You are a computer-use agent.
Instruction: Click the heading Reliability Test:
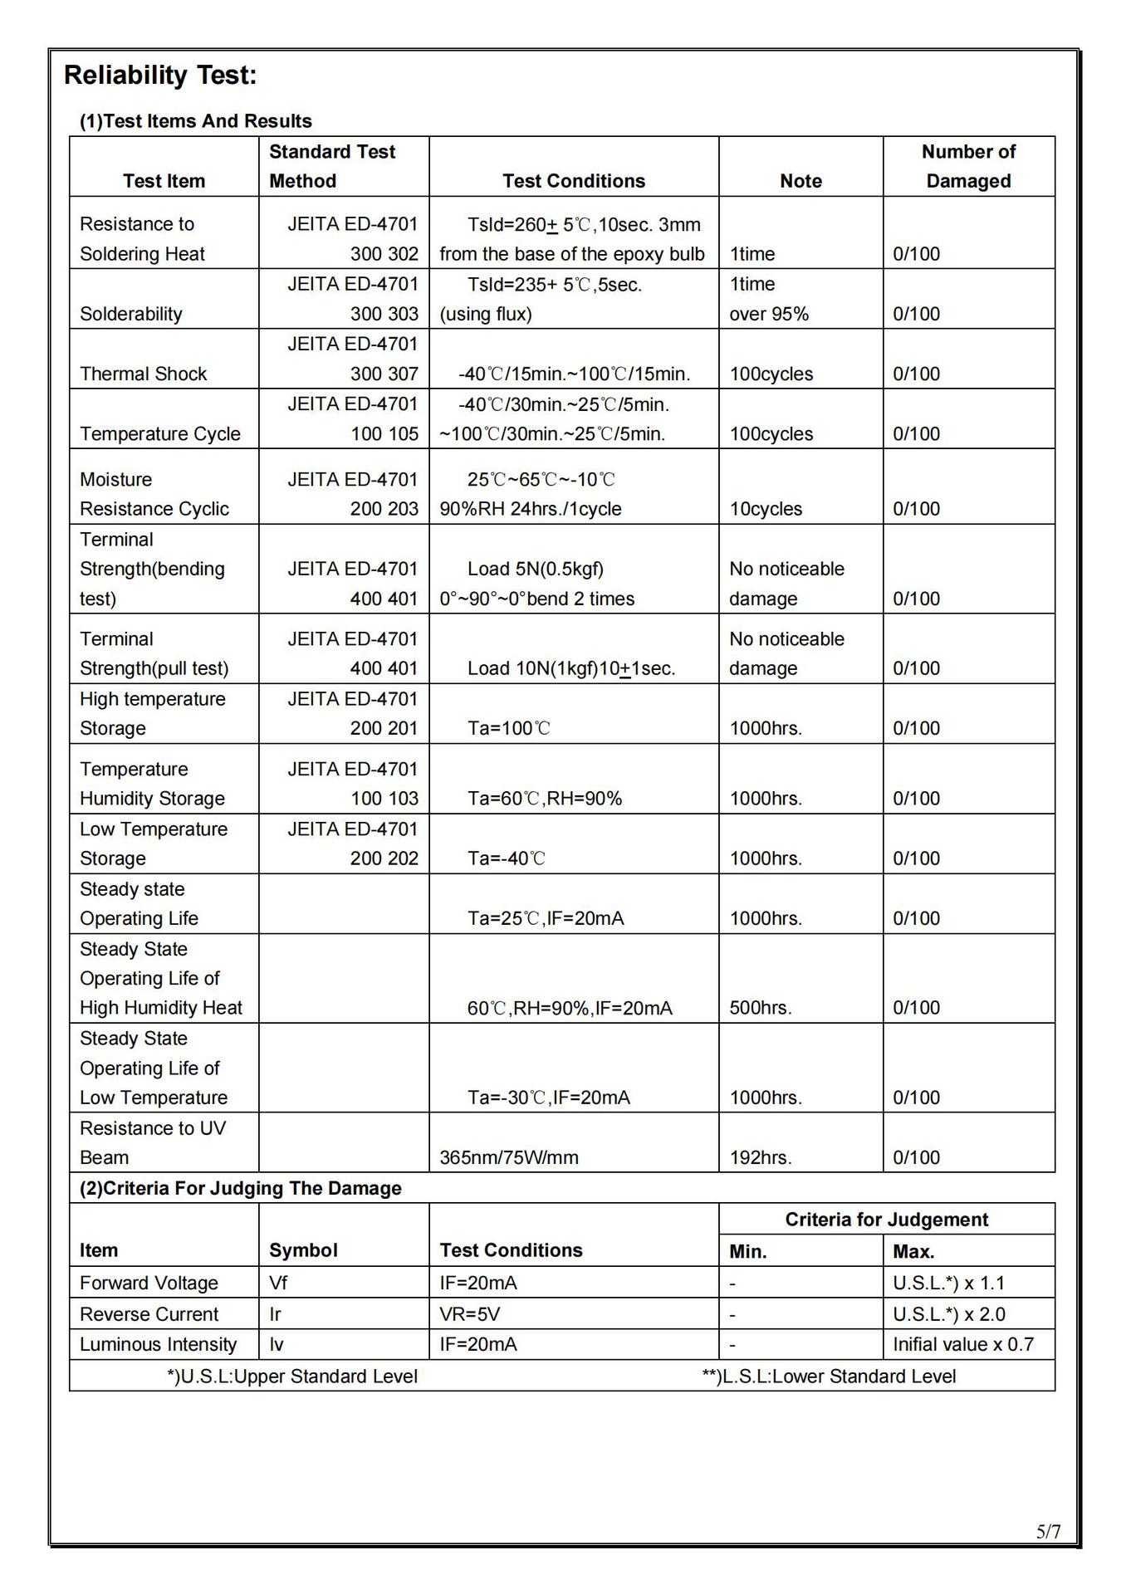pyautogui.click(x=160, y=76)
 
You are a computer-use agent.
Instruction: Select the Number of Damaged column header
pyautogui.click(x=968, y=166)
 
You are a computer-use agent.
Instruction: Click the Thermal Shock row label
pyautogui.click(x=143, y=374)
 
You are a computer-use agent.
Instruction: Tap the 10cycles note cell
pyautogui.click(x=766, y=509)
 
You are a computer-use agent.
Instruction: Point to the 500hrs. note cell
pyautogui.click(x=761, y=1008)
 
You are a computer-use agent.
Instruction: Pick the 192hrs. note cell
pyautogui.click(x=761, y=1157)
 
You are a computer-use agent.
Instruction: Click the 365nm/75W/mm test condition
pyautogui.click(x=509, y=1157)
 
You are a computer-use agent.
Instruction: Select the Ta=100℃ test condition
pyautogui.click(x=509, y=728)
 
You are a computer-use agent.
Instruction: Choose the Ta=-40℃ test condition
pyautogui.click(x=507, y=858)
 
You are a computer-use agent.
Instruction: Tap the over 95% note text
pyautogui.click(x=769, y=314)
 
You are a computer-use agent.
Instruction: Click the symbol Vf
pyautogui.click(x=278, y=1283)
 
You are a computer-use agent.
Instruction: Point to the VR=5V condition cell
pyautogui.click(x=470, y=1314)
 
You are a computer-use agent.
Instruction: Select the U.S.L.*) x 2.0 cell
pyautogui.click(x=949, y=1314)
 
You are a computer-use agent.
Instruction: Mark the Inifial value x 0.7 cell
pyautogui.click(x=963, y=1344)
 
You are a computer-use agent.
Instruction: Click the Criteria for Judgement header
pyautogui.click(x=886, y=1220)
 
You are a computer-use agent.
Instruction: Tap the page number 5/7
pyautogui.click(x=1048, y=1532)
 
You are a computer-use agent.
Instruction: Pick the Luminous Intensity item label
pyautogui.click(x=158, y=1344)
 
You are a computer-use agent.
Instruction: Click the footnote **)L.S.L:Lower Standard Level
pyautogui.click(x=829, y=1376)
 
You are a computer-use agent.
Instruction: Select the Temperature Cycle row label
pyautogui.click(x=160, y=433)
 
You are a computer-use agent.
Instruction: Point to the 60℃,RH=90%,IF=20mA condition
pyautogui.click(x=570, y=1008)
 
